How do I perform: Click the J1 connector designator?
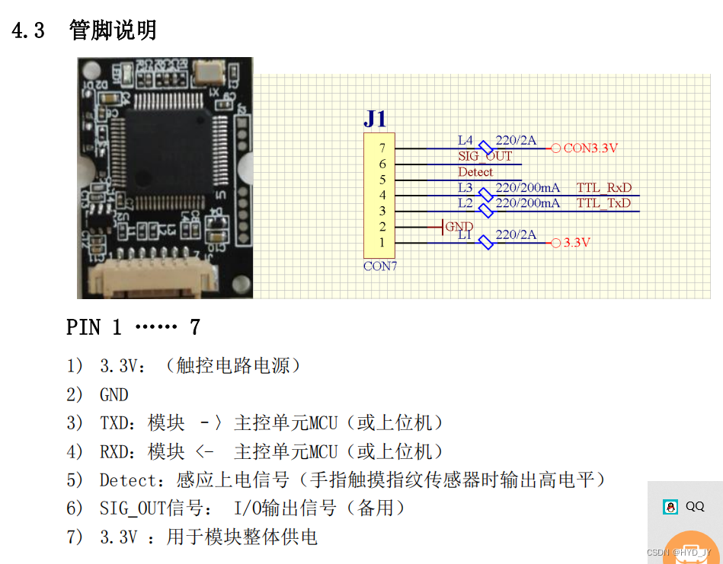375,119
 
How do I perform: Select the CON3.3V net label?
590,148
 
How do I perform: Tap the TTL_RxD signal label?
603,188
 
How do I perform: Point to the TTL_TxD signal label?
603,203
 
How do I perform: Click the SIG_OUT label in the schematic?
485,157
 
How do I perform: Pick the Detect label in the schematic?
475,172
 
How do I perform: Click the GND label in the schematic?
459,227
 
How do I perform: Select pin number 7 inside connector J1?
382,148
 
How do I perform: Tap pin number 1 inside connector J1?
382,243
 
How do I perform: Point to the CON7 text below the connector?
380,266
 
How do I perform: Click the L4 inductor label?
465,141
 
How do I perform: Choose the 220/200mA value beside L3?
527,188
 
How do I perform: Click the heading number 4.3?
29,30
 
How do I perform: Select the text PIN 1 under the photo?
94,327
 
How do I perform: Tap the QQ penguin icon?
670,507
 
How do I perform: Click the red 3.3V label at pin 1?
577,243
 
